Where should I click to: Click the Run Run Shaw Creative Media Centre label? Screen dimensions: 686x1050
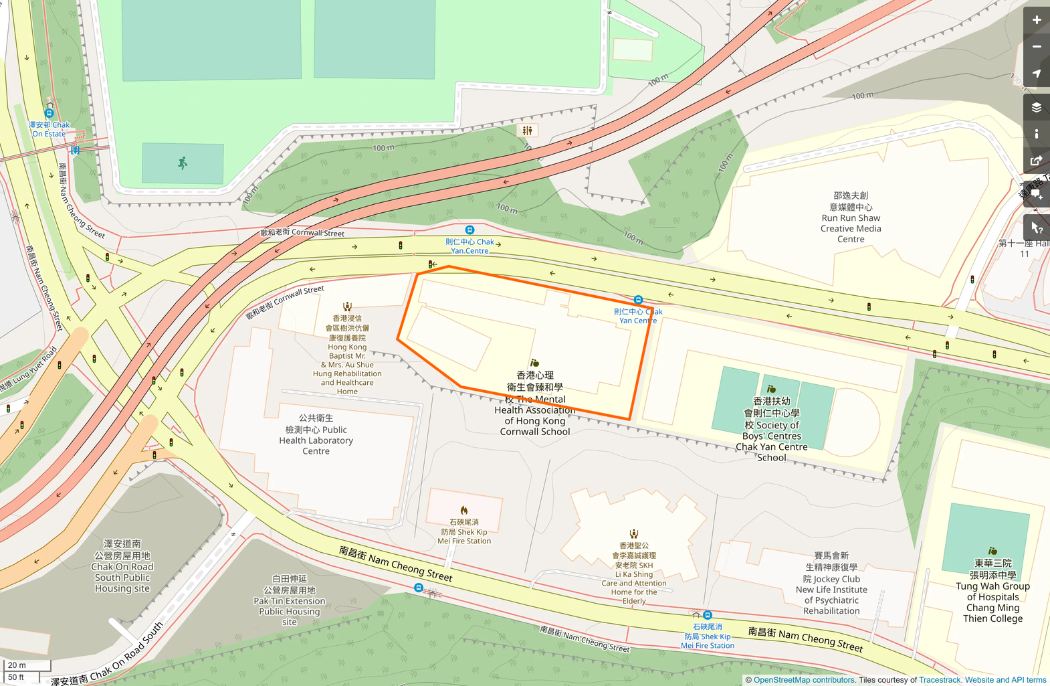[850, 218]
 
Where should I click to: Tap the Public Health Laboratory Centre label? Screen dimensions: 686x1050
[316, 434]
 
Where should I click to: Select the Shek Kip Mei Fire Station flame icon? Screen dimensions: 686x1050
[464, 511]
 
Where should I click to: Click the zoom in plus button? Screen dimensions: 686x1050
[1036, 20]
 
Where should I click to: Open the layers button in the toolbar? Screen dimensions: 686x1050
[1036, 107]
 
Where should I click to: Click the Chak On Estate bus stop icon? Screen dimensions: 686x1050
[49, 113]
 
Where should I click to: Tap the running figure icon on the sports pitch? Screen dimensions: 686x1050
[183, 163]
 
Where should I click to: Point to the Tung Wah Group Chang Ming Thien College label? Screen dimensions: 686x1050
[992, 591]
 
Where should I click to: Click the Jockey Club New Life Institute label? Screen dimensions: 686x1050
[831, 584]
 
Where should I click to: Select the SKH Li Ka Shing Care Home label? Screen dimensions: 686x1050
[633, 574]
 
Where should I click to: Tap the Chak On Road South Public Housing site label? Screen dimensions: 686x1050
[122, 566]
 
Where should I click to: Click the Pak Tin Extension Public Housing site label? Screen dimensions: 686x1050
[290, 600]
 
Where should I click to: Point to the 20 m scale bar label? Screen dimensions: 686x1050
[17, 665]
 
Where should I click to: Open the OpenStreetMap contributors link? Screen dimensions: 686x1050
[804, 680]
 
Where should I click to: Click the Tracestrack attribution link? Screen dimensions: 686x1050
[940, 680]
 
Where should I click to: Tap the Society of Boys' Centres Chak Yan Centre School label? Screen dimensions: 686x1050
[771, 429]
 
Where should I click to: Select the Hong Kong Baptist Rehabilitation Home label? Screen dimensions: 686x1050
[347, 355]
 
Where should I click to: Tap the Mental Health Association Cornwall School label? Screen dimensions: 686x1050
[535, 404]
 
